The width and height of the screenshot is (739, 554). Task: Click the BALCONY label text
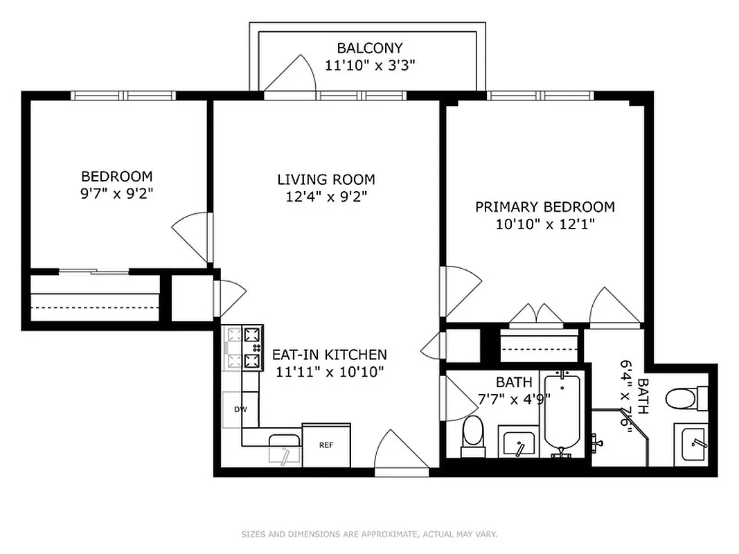369,48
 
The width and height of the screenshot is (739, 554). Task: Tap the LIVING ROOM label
326,179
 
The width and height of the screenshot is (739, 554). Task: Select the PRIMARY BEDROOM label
544,206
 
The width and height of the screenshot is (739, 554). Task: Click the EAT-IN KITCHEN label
329,355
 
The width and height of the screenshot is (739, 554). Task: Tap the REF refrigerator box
326,445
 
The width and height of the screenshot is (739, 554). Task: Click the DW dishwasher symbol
240,409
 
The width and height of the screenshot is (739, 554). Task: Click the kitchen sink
285,448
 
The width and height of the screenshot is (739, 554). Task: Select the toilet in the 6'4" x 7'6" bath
682,398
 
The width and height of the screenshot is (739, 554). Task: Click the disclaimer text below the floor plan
369,534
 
